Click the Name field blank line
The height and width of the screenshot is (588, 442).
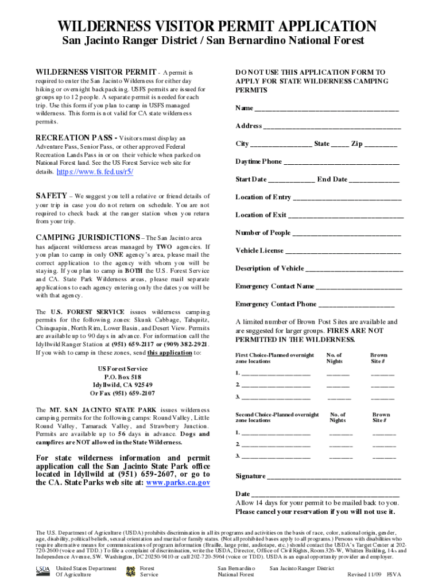[x=326, y=110]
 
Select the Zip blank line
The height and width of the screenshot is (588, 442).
[x=381, y=145]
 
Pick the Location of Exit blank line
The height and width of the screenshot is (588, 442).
[x=346, y=216]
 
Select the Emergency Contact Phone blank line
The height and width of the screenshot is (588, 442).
[x=356, y=305]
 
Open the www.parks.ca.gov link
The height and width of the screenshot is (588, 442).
[x=178, y=483]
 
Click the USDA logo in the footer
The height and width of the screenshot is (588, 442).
[x=42, y=569]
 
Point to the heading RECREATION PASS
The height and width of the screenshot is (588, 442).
[x=74, y=138]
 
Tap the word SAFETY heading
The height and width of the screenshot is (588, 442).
[x=51, y=196]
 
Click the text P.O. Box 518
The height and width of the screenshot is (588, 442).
[x=122, y=377]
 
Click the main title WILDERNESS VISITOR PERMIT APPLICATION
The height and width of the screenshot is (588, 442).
[x=221, y=26]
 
